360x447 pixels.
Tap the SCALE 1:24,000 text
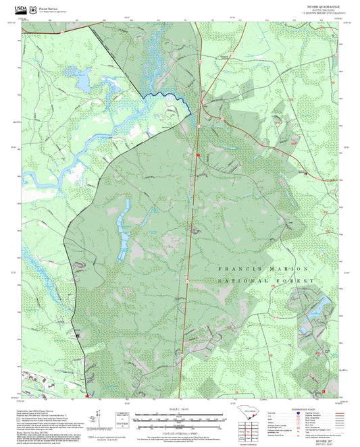point(180,409)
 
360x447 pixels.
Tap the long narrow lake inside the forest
point(123,230)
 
